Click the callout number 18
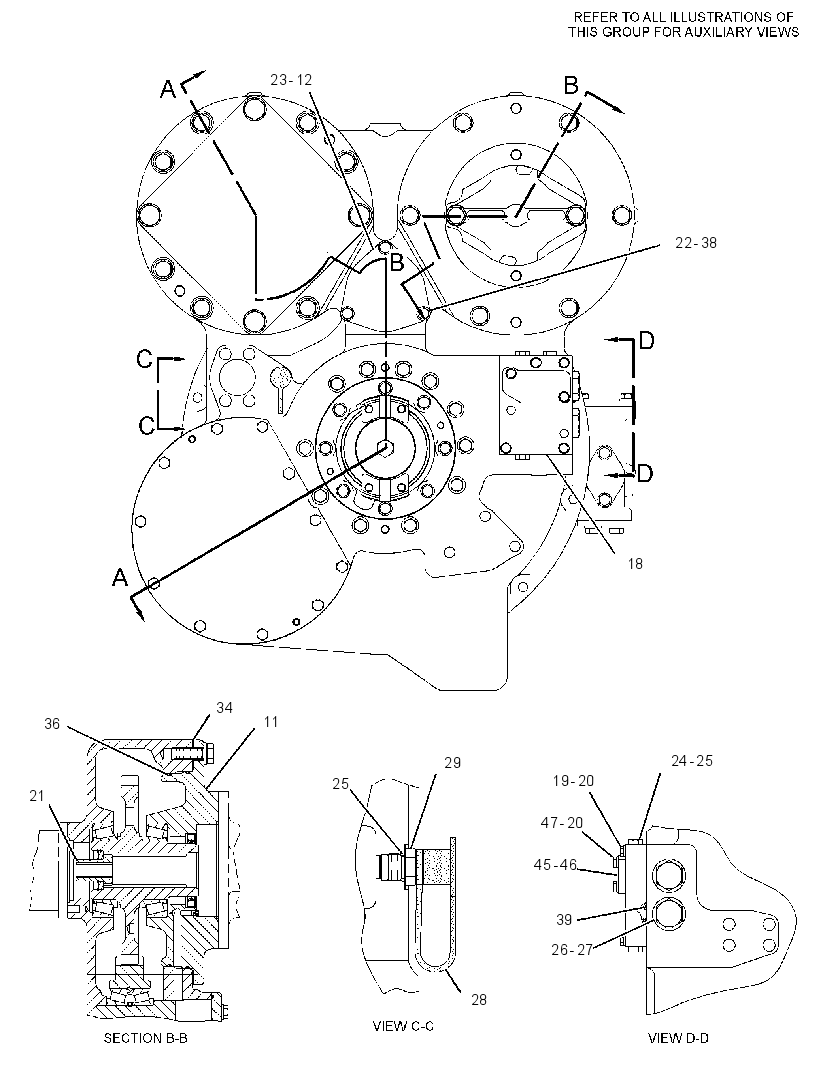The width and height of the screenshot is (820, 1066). (634, 564)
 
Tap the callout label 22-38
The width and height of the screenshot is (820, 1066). (696, 243)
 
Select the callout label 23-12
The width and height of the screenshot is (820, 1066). (291, 80)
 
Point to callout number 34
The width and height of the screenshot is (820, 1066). (224, 708)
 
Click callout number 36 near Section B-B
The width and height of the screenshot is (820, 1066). (52, 724)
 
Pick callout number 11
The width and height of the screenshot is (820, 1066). (271, 722)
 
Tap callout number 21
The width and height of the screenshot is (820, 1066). (37, 795)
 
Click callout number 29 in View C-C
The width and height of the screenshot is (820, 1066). (452, 763)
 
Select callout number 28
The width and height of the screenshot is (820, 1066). (479, 999)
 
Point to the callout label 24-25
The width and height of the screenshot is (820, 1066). (692, 761)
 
